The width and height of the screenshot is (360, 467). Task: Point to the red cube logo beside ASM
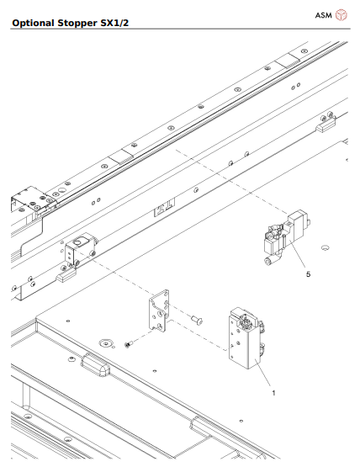[x=341, y=15]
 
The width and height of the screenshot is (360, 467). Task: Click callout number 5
[x=309, y=273]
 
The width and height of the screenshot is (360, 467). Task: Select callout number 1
[x=272, y=392]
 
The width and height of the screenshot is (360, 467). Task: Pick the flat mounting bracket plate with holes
[x=159, y=313]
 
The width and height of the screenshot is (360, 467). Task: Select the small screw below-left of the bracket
[x=129, y=343]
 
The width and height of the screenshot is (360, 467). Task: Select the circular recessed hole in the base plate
[x=105, y=342]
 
